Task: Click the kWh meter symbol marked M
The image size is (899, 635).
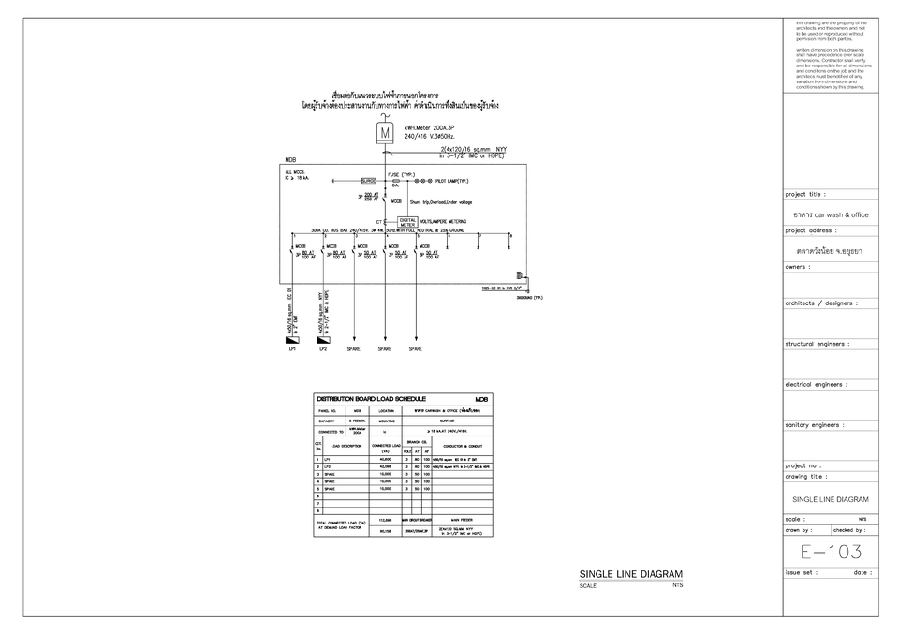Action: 385,133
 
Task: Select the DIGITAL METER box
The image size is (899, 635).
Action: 408,222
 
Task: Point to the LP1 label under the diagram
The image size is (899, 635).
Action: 292,349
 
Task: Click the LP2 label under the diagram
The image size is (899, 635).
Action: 323,349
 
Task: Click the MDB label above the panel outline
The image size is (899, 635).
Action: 290,160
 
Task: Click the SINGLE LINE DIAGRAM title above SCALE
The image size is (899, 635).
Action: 630,574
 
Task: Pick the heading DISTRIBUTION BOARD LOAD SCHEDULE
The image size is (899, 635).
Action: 372,399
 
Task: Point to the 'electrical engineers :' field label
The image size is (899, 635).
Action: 816,384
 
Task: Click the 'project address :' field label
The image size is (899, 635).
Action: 810,230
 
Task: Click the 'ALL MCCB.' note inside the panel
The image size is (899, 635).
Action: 296,172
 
